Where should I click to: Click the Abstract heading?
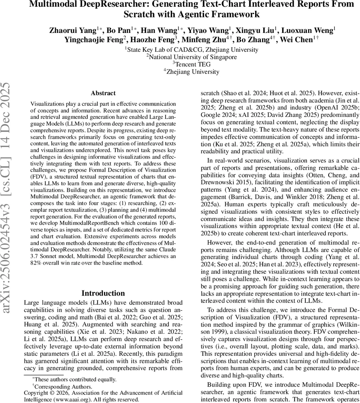(103, 93)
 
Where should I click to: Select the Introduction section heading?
(103, 293)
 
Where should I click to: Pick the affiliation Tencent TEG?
(192, 64)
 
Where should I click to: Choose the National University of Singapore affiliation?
(192, 57)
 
